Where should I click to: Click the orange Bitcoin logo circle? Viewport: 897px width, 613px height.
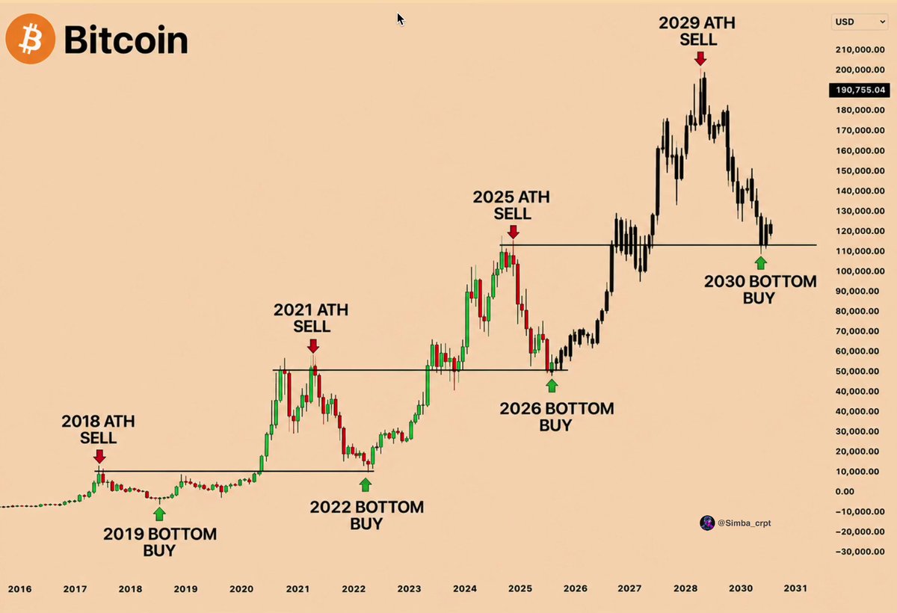pyautogui.click(x=31, y=39)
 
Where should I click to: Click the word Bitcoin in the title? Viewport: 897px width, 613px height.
pyautogui.click(x=126, y=40)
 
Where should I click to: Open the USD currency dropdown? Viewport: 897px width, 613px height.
pyautogui.click(x=860, y=22)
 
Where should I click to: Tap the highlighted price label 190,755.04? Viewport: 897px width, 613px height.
pyautogui.click(x=860, y=90)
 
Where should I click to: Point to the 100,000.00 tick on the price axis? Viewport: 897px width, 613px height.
pyautogui.click(x=860, y=271)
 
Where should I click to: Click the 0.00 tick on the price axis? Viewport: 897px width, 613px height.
pyautogui.click(x=845, y=491)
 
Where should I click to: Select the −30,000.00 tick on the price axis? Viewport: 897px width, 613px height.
pyautogui.click(x=860, y=552)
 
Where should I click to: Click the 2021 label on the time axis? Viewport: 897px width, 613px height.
pyautogui.click(x=298, y=589)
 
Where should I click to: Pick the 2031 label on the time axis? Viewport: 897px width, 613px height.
pyautogui.click(x=795, y=588)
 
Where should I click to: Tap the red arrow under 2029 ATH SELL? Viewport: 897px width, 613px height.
pyautogui.click(x=700, y=58)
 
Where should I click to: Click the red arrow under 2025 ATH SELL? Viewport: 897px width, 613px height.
pyautogui.click(x=513, y=232)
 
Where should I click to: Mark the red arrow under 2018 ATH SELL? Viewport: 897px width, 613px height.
pyautogui.click(x=99, y=457)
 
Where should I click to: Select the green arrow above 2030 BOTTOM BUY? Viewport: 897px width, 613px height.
pyautogui.click(x=761, y=263)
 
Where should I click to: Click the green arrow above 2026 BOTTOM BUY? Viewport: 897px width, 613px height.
pyautogui.click(x=552, y=386)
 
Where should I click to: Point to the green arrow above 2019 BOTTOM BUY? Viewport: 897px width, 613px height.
pyautogui.click(x=159, y=514)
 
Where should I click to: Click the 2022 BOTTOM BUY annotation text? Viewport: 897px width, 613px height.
pyautogui.click(x=366, y=515)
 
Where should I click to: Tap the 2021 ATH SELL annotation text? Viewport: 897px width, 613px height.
pyautogui.click(x=311, y=318)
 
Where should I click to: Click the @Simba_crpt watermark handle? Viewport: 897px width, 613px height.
pyautogui.click(x=744, y=523)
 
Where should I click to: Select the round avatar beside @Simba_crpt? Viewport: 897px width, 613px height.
pyautogui.click(x=707, y=523)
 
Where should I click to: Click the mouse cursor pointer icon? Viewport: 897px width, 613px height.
pyautogui.click(x=401, y=19)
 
